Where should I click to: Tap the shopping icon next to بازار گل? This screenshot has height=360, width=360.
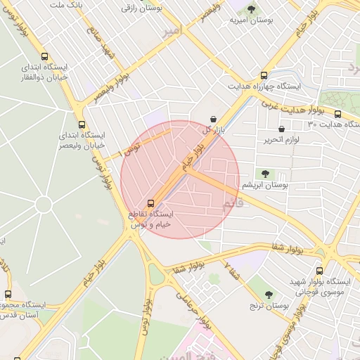tap(214, 120)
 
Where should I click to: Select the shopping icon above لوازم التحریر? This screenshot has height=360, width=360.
tap(282, 129)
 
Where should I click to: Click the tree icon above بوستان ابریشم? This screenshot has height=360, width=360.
tap(265, 174)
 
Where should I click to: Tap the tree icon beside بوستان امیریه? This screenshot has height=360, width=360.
tap(252, 9)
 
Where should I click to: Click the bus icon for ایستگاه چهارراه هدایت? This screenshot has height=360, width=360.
tap(264, 75)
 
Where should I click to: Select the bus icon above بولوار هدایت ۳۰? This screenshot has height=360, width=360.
tap(337, 114)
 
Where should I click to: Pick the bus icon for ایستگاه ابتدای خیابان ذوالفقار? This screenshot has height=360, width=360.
tap(45, 57)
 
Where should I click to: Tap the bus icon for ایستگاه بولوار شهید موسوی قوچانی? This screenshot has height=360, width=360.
tap(320, 271)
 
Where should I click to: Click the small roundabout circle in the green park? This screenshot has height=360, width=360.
tap(43, 205)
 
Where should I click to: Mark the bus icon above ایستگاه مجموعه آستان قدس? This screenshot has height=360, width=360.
tap(8, 295)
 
